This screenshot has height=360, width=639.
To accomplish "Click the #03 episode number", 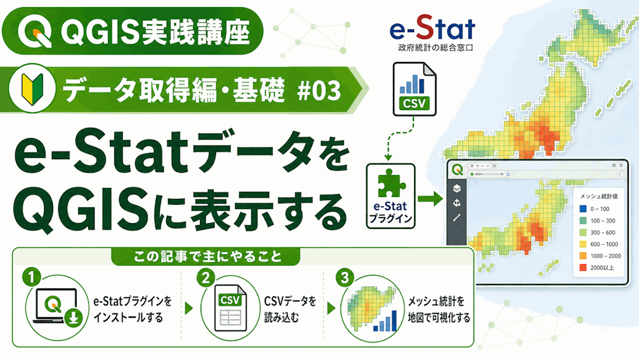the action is (x=319, y=91).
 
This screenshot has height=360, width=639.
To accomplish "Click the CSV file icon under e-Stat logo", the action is (x=415, y=90).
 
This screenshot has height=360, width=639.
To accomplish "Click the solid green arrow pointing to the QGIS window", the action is (x=430, y=199).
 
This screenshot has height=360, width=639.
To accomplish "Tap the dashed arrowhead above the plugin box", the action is (x=388, y=157).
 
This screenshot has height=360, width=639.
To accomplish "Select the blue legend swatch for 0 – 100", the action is (x=583, y=208).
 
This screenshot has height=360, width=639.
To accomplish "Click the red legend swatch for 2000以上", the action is (x=583, y=268).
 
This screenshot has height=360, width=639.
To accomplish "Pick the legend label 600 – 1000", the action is (x=604, y=244).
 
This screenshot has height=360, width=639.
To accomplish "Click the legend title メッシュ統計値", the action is (x=599, y=196).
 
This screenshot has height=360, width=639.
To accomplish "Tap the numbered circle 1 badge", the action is (x=31, y=278).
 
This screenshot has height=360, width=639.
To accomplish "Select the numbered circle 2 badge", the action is (x=206, y=278).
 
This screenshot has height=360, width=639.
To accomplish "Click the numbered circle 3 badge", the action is (x=345, y=278).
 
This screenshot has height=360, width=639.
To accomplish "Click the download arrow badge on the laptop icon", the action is (x=73, y=317).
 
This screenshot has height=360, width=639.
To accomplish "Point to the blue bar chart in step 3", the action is (x=385, y=321).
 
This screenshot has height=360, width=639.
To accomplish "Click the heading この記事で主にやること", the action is (x=208, y=256).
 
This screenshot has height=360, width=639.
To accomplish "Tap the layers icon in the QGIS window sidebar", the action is (x=457, y=188).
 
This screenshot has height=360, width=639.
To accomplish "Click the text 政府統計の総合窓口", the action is (x=435, y=48).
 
